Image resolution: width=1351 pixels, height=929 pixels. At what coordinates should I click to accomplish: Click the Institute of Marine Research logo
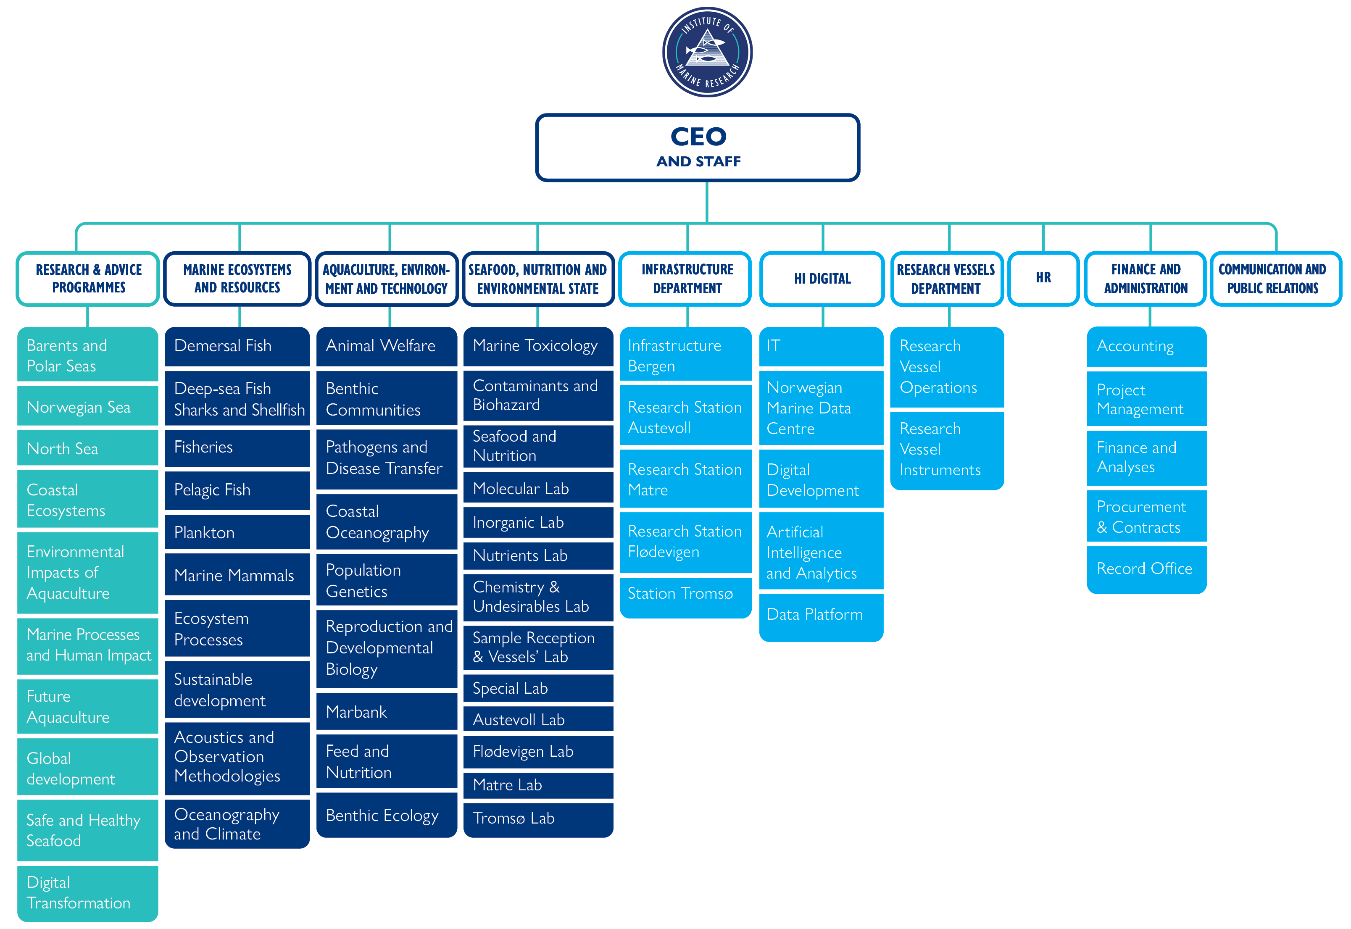(707, 53)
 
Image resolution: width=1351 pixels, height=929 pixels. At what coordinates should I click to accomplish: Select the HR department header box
(1043, 278)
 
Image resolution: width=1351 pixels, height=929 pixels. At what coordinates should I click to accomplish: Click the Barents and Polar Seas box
(87, 355)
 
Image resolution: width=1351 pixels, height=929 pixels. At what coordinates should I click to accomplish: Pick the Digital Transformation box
(87, 892)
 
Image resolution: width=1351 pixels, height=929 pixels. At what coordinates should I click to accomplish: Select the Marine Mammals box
(237, 575)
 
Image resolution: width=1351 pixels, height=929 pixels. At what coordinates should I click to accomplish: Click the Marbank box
(387, 711)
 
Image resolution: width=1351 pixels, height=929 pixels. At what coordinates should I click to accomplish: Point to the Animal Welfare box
(387, 346)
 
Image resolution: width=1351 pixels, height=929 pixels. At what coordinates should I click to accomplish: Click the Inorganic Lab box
(538, 522)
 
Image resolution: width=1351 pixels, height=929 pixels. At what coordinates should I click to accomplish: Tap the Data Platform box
(821, 615)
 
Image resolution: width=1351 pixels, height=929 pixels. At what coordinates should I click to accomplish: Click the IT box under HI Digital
(821, 346)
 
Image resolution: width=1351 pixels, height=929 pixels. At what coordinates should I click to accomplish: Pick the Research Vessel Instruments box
(947, 449)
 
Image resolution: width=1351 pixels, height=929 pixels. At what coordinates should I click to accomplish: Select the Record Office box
(1146, 568)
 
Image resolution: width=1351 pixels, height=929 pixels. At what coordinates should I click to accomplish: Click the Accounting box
(1146, 346)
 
